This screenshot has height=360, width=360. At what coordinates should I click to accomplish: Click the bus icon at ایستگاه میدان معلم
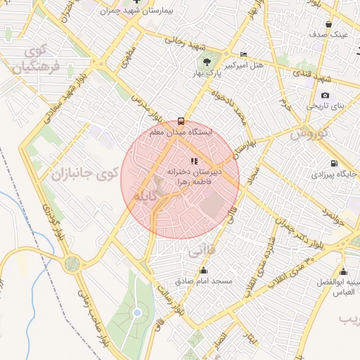pyautogui.click(x=181, y=121)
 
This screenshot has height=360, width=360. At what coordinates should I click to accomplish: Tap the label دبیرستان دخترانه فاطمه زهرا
pyautogui.click(x=194, y=175)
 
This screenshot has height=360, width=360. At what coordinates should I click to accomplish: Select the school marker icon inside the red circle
pyautogui.click(x=194, y=162)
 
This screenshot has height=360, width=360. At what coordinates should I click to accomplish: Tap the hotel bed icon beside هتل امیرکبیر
pyautogui.click(x=243, y=55)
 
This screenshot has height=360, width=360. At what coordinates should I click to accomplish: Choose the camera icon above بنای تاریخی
pyautogui.click(x=324, y=95)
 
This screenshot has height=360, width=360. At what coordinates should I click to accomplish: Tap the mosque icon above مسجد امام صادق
pyautogui.click(x=205, y=271)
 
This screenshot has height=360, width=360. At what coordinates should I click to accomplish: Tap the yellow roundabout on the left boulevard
pyautogui.click(x=72, y=264)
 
